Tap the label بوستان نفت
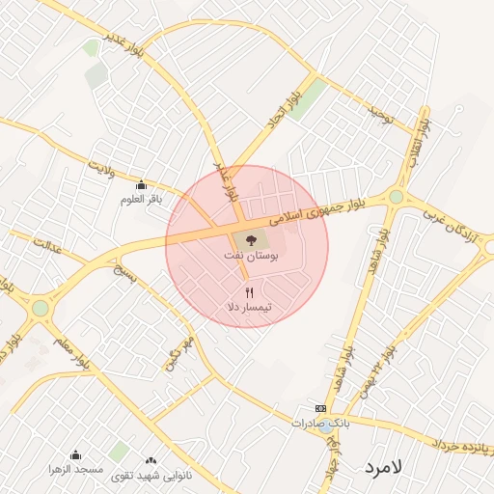[249, 258]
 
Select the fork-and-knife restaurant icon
[249, 290]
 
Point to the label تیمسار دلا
[249, 306]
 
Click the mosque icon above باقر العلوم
[142, 184]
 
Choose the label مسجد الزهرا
[75, 469]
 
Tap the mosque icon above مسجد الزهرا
[75, 454]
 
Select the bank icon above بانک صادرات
[321, 408]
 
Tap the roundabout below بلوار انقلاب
[397, 197]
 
